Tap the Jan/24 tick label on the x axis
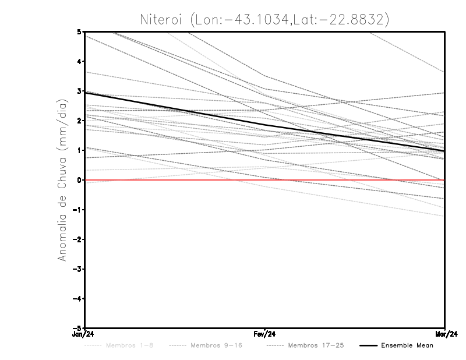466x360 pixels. click(83, 335)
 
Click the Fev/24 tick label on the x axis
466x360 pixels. click(264, 335)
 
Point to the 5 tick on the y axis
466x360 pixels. click(79, 31)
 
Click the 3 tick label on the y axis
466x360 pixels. click(79, 91)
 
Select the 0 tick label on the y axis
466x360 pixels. click(79, 180)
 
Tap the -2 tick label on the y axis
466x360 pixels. click(77, 239)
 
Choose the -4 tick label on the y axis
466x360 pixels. click(77, 298)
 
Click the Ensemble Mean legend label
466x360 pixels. click(407, 345)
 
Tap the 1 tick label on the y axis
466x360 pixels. click(79, 150)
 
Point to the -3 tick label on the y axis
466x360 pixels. click(77, 269)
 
